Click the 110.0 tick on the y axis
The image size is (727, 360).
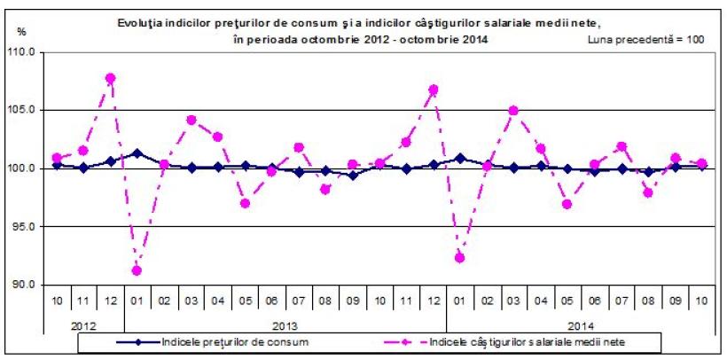click(x=23, y=52)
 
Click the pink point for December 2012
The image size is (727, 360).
click(x=110, y=78)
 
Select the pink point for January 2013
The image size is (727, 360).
click(x=137, y=270)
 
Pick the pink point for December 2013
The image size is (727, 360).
click(x=434, y=90)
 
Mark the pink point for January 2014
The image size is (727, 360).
click(x=460, y=257)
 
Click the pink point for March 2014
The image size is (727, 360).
click(x=514, y=111)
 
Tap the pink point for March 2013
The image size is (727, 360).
click(x=191, y=120)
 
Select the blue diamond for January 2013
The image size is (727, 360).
click(x=137, y=153)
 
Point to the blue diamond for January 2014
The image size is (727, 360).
click(x=460, y=159)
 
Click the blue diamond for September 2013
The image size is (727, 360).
click(x=353, y=176)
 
